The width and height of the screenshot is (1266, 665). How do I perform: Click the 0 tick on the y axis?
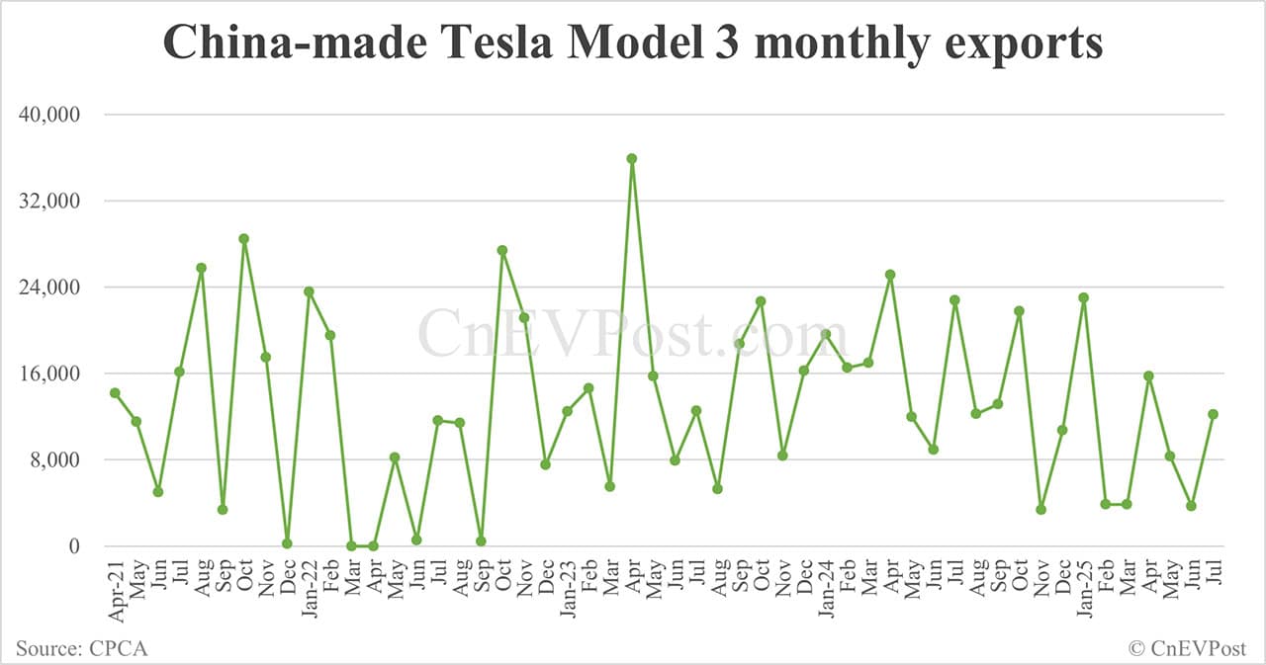(79, 546)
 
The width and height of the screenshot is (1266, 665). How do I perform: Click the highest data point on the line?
(631, 158)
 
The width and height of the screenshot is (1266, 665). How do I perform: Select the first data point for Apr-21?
(115, 392)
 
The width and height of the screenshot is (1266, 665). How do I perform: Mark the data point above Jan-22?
(309, 291)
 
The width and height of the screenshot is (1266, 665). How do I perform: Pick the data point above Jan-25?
(1083, 297)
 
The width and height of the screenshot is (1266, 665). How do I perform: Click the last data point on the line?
(1213, 414)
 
